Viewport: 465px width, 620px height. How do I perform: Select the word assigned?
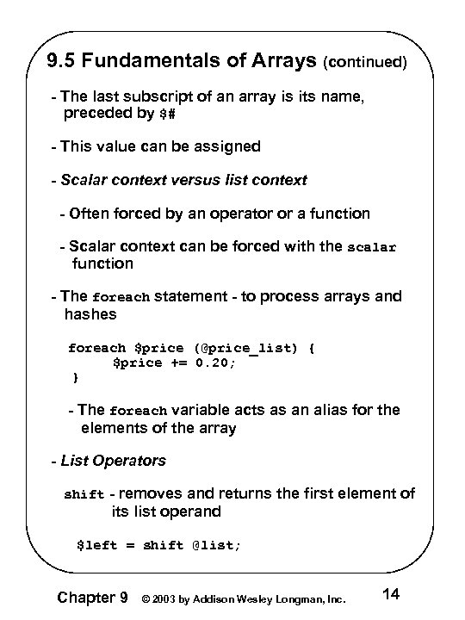pos(227,146)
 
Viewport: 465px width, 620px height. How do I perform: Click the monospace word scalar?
pos(371,247)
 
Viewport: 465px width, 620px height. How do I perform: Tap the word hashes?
pos(90,314)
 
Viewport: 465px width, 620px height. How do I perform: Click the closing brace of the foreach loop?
pos(75,377)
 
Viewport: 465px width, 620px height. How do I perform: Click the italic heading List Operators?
pos(114,461)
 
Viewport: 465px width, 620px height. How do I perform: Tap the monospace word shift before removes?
pos(84,495)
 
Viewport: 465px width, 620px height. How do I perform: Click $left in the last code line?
pos(94,544)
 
